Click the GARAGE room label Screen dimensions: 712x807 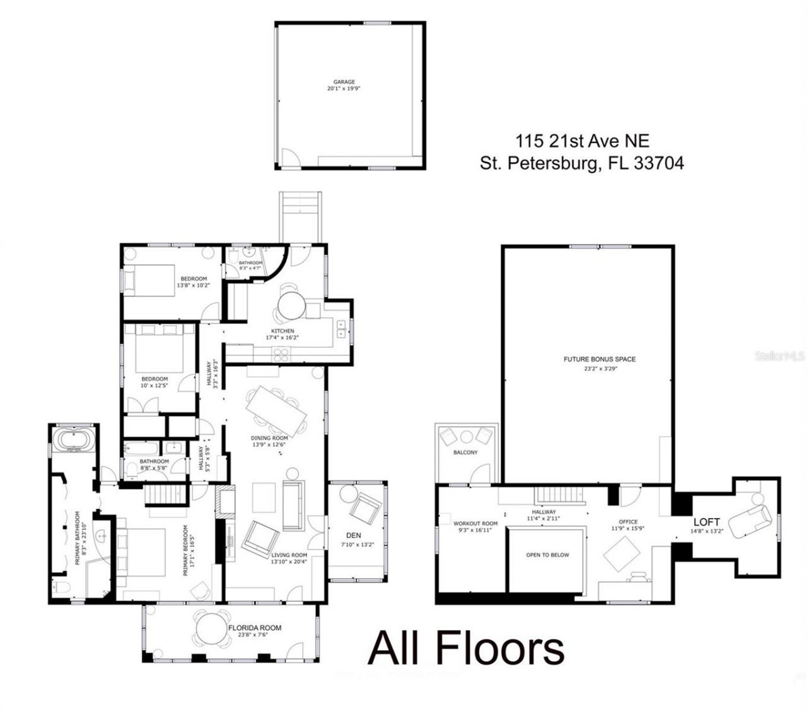[x=344, y=82]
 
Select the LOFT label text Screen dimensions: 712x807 [x=706, y=522]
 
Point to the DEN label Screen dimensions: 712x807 [x=354, y=536]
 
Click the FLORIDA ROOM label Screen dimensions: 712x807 [x=255, y=628]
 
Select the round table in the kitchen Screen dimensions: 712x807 [x=291, y=307]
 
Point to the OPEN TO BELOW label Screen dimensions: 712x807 [x=547, y=555]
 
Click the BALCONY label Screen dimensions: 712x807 [x=465, y=452]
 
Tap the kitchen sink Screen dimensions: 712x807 [x=341, y=329]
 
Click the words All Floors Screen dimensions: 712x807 [x=465, y=648]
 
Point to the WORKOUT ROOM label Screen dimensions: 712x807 [x=475, y=524]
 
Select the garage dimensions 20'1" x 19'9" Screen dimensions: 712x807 [x=344, y=89]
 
